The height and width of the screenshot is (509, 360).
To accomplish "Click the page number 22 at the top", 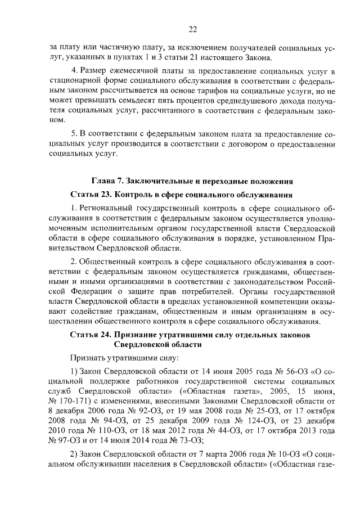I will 192,30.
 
